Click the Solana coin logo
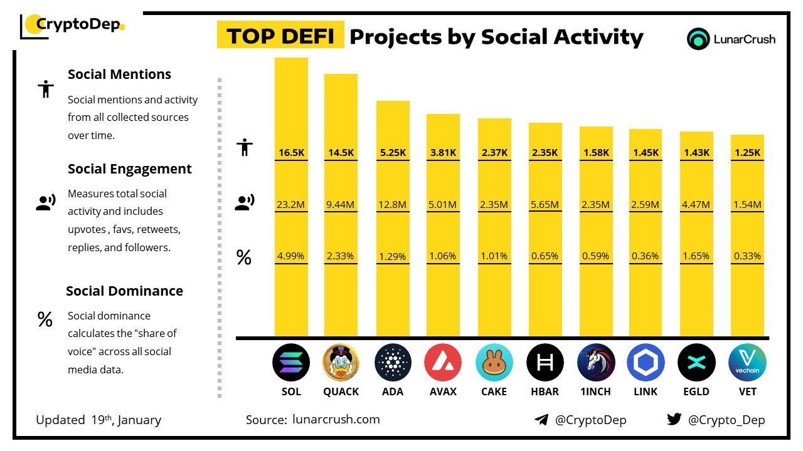[x=291, y=363]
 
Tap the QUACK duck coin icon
[x=341, y=363]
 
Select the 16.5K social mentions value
[x=291, y=152]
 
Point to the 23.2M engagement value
[x=291, y=204]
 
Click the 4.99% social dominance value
[x=291, y=256]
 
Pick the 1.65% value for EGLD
[x=696, y=256]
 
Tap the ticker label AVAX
[x=443, y=391]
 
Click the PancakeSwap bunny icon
[x=494, y=363]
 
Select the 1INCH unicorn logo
[x=596, y=363]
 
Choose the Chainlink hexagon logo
[x=646, y=363]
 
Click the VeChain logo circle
[x=747, y=363]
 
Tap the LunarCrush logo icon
[x=698, y=39]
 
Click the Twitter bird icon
[x=674, y=420]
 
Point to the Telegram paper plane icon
[x=541, y=420]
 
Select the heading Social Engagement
[x=130, y=169]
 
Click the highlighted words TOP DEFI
[x=280, y=36]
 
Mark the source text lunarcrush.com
[x=336, y=420]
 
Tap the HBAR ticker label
[x=545, y=391]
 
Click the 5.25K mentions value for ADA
[x=393, y=152]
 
